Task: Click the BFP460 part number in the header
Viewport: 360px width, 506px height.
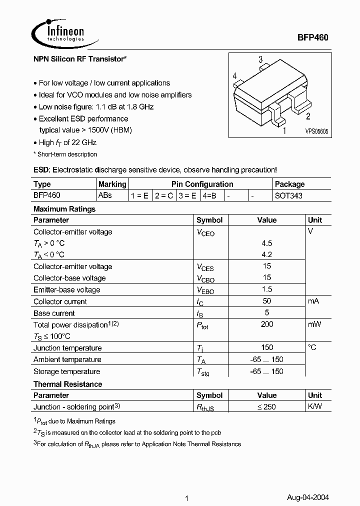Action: tap(313, 37)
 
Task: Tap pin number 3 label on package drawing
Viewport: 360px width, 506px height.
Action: tap(260, 60)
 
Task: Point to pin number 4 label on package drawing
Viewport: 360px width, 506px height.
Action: tap(234, 76)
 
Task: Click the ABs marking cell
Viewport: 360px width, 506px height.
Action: tap(105, 195)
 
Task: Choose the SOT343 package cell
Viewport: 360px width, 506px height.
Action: tap(288, 196)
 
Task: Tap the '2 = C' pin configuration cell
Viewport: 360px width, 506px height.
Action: tap(163, 196)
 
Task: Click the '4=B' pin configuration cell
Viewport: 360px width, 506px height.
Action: tap(209, 196)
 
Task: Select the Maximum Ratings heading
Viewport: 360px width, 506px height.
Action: tap(64, 209)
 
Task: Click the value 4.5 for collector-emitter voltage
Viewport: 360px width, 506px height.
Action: tap(267, 243)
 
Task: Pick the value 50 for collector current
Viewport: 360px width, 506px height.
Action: tap(267, 301)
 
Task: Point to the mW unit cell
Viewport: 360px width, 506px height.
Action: tap(315, 324)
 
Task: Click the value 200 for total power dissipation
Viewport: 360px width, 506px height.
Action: tap(267, 324)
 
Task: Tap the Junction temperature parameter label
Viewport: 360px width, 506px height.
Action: tap(67, 348)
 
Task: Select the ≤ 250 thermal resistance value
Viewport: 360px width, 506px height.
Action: tap(266, 407)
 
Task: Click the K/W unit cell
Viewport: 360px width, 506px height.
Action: tap(315, 407)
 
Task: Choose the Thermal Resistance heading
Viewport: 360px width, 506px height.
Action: tap(67, 384)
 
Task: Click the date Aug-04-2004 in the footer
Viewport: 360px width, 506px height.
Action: tap(307, 484)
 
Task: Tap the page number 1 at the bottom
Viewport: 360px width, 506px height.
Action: tap(186, 484)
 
